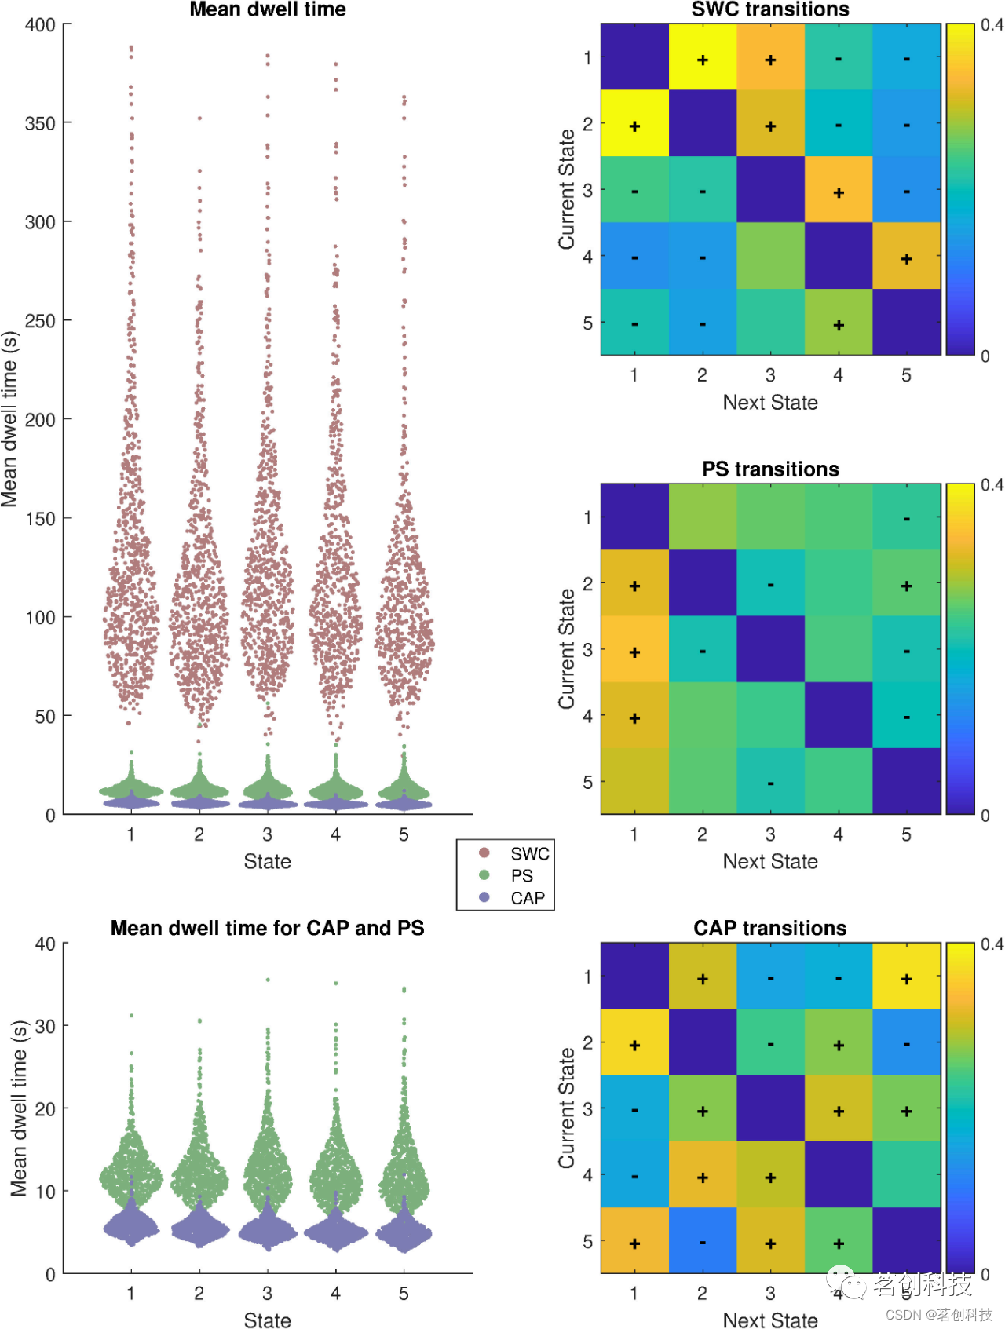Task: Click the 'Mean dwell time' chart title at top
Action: [268, 9]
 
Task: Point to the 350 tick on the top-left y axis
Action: [40, 123]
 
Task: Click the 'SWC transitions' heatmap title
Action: [770, 9]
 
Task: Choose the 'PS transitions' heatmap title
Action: [770, 469]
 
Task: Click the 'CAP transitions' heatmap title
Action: [770, 928]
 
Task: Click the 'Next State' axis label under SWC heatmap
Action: [770, 402]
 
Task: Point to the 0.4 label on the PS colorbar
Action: [992, 485]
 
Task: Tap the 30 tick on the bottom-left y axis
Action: [45, 1026]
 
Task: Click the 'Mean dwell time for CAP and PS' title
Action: [268, 928]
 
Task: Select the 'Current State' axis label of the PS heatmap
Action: [567, 649]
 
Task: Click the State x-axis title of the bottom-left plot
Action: [268, 1320]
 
